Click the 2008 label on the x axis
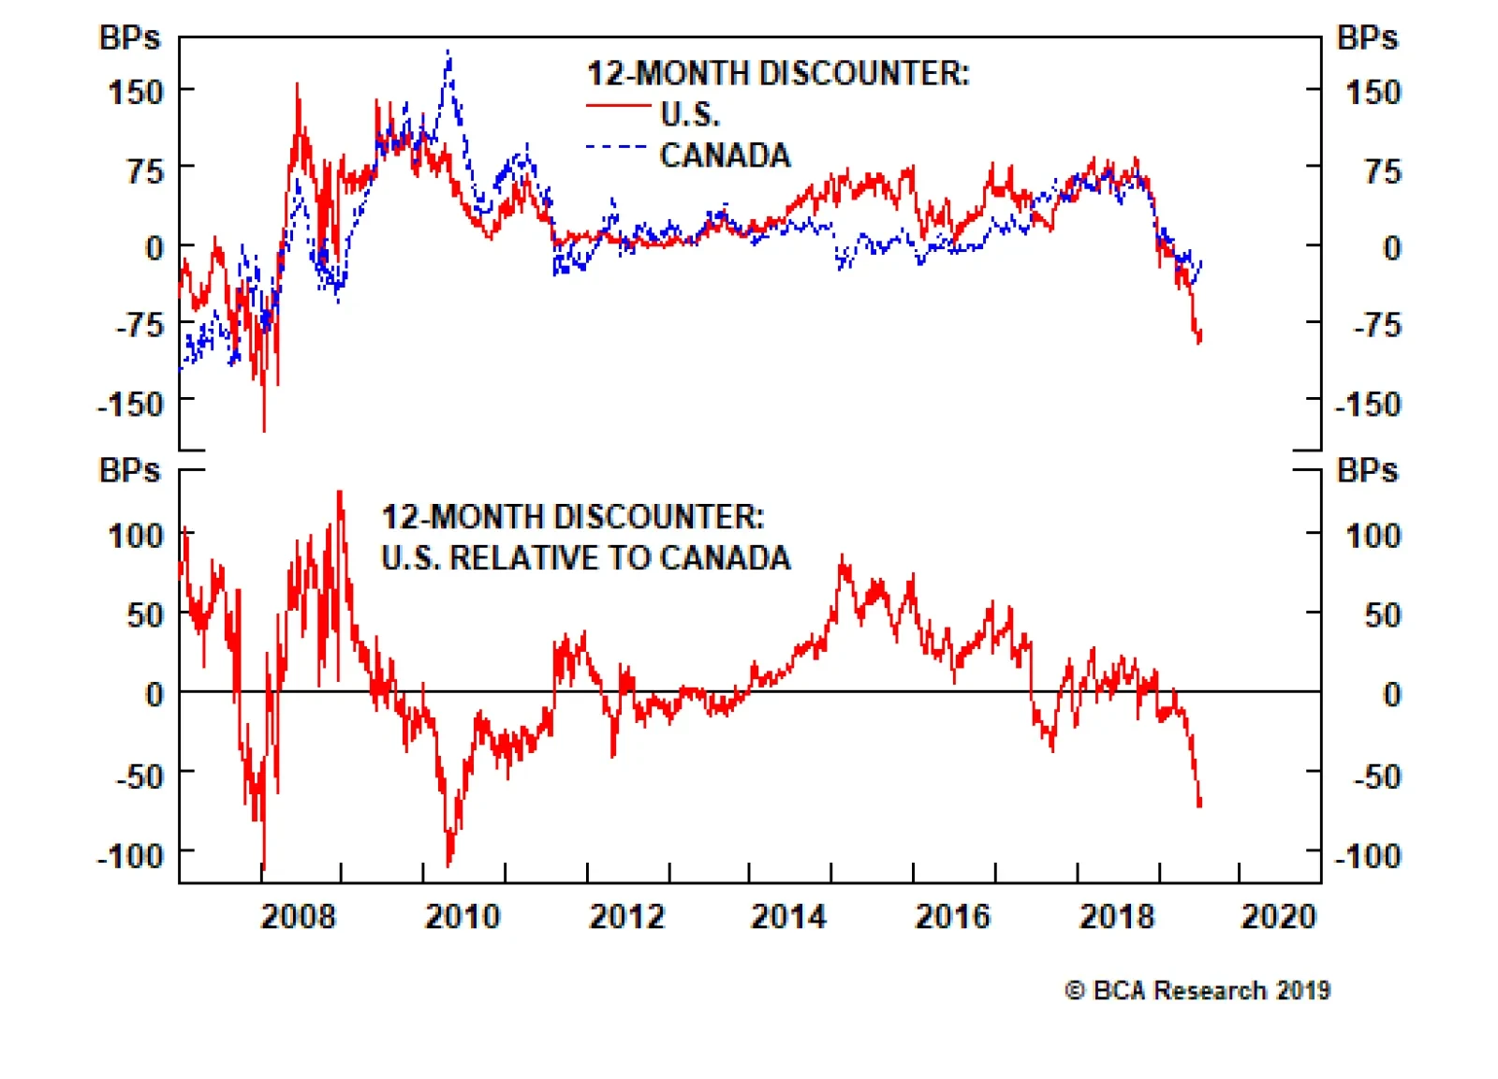click(x=298, y=915)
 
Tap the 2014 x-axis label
click(x=788, y=915)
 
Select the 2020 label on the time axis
click(x=1278, y=915)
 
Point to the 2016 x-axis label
click(x=952, y=915)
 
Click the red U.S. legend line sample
click(x=618, y=107)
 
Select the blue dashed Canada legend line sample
click(x=617, y=147)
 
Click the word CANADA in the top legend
click(x=725, y=155)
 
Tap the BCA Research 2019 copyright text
click(x=1197, y=990)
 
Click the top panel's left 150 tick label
click(x=136, y=92)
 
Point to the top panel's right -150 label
click(x=1368, y=404)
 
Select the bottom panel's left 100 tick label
click(x=136, y=536)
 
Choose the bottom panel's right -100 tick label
click(x=1368, y=855)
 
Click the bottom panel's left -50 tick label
click(x=139, y=776)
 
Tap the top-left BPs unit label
click(x=129, y=37)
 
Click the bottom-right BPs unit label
click(x=1367, y=470)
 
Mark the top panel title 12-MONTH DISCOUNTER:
click(x=778, y=73)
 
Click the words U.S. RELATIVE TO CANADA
click(x=585, y=557)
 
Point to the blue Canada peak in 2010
click(x=448, y=54)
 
